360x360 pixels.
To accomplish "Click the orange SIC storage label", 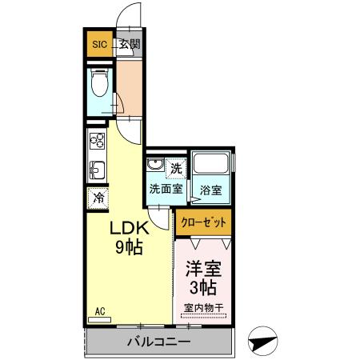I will point(99,44).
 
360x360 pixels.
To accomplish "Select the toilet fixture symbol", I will point(99,84).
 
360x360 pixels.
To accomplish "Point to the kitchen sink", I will point(97,170).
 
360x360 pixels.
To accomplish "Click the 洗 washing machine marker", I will point(178,168).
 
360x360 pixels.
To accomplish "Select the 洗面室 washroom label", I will point(166,190).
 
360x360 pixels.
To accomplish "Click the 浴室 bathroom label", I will point(211,190).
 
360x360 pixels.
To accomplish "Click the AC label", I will point(101,310).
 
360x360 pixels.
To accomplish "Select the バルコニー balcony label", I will point(158,342).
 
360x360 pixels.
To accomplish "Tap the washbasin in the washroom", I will point(155,167).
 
